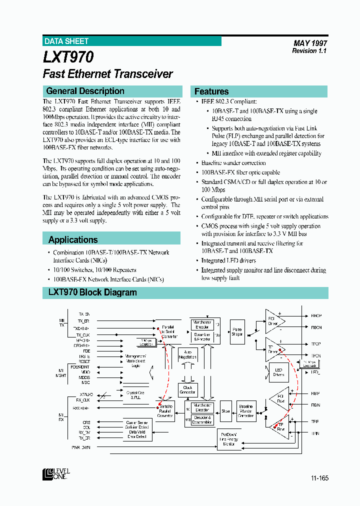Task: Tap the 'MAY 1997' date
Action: pyautogui.click(x=310, y=43)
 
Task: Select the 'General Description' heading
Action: pyautogui.click(x=85, y=91)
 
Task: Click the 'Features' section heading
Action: pyautogui.click(x=211, y=91)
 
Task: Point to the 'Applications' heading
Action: pyautogui.click(x=73, y=239)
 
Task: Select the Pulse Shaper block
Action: pyautogui.click(x=237, y=332)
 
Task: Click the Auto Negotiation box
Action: pyautogui.click(x=188, y=355)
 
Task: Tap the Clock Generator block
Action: pyautogui.click(x=188, y=390)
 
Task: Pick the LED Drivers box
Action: pyautogui.click(x=278, y=372)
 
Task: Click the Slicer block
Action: pyautogui.click(x=225, y=411)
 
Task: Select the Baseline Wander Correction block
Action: pyautogui.click(x=246, y=411)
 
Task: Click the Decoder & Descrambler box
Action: pyautogui.click(x=202, y=419)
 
